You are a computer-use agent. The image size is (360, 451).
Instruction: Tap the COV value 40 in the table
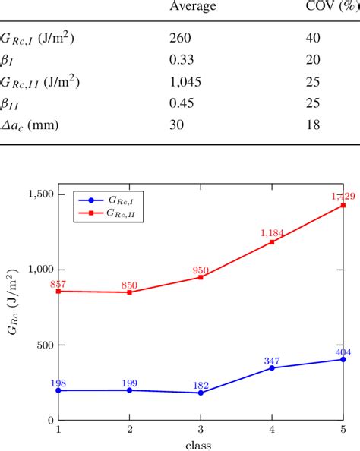(314, 38)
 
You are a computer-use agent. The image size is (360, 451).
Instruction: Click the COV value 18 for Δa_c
(313, 125)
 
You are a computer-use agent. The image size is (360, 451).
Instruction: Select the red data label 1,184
(271, 233)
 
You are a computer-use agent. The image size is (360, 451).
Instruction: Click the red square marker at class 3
(201, 277)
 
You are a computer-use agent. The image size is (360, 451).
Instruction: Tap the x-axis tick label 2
(130, 430)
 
